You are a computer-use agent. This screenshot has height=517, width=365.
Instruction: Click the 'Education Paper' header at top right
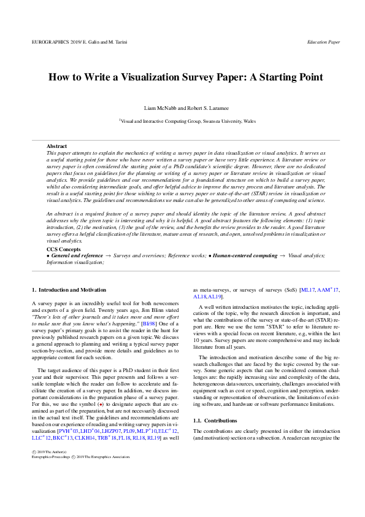(323, 42)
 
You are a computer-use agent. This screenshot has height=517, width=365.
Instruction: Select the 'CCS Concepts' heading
(64, 249)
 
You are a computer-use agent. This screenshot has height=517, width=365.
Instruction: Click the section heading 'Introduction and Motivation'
(72, 289)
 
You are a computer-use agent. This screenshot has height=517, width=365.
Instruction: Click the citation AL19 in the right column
(223, 296)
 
